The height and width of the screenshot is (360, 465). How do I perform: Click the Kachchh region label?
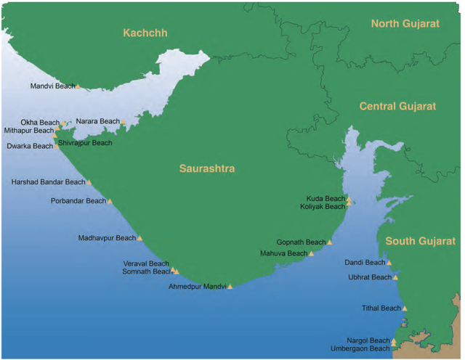[x=146, y=33]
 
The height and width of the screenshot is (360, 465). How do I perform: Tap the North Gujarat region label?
[x=405, y=24]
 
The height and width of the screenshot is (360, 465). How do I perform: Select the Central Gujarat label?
[x=397, y=106]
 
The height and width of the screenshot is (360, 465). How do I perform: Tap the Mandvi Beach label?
[x=52, y=86]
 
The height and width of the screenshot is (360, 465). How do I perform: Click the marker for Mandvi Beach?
[x=78, y=86]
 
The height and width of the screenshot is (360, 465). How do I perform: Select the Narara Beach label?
[x=97, y=121]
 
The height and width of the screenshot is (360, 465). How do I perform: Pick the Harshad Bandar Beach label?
[x=48, y=182]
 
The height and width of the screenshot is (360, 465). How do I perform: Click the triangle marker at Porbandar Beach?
[x=110, y=201]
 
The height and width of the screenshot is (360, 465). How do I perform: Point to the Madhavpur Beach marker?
[x=139, y=238]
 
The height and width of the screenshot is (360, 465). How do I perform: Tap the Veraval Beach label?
[x=145, y=263]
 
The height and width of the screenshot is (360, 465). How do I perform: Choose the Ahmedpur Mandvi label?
[x=197, y=287]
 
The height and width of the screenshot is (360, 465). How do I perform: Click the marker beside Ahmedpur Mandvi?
[x=230, y=287]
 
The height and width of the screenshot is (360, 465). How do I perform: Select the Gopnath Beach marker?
[x=330, y=242]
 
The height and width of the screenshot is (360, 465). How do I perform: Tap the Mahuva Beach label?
[x=283, y=253]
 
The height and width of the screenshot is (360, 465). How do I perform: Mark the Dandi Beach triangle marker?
[x=389, y=263]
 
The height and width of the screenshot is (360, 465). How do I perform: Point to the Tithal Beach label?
[x=381, y=308]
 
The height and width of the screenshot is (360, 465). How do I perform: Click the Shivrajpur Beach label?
[x=86, y=143]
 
